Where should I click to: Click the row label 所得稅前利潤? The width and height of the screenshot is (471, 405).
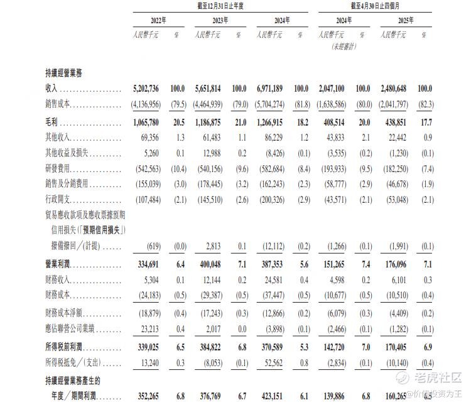tap(65, 346)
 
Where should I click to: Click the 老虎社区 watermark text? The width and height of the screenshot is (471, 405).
tap(438, 377)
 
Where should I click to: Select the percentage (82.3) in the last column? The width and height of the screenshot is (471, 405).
tap(426, 105)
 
